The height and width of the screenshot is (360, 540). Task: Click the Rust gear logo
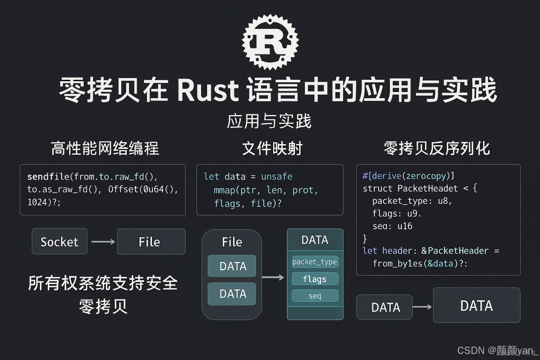(x=270, y=42)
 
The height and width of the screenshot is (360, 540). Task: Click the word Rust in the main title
(x=208, y=90)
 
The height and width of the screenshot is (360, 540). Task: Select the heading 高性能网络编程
(x=105, y=148)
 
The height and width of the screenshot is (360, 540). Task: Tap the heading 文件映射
(x=272, y=148)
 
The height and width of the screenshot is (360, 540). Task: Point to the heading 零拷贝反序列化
(x=436, y=148)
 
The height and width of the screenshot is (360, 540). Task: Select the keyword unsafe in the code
(x=277, y=177)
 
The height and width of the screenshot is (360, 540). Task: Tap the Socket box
(x=59, y=241)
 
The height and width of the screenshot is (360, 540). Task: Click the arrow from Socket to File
(x=103, y=241)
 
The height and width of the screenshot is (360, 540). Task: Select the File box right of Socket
(x=151, y=241)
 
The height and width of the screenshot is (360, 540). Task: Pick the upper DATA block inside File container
(x=232, y=266)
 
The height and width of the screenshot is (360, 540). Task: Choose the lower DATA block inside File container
(x=232, y=294)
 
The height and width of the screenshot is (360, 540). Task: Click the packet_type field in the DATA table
(x=315, y=262)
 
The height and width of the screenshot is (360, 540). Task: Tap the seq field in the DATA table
(x=315, y=296)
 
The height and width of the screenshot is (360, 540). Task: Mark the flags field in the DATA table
(x=315, y=279)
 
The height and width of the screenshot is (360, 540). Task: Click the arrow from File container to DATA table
(x=274, y=277)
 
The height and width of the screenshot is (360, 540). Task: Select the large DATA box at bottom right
(x=476, y=305)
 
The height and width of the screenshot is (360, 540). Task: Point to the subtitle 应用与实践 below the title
(x=269, y=121)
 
